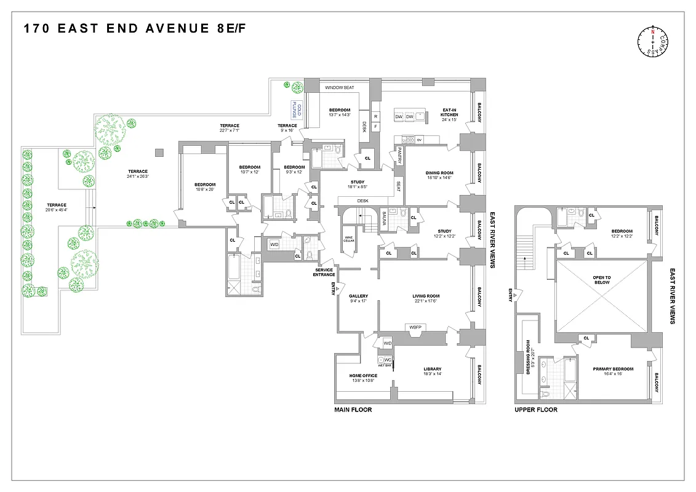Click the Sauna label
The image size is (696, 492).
(x=385, y=220)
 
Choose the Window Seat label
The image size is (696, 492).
(x=340, y=88)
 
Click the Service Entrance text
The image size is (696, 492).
(x=324, y=271)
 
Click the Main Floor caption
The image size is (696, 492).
(x=353, y=410)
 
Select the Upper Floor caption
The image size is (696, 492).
(x=535, y=410)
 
